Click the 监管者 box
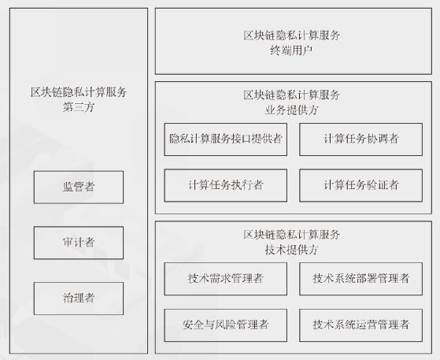click(79, 187)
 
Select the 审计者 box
click(79, 243)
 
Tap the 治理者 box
click(79, 299)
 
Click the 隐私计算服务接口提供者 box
click(226, 139)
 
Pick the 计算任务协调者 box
click(361, 139)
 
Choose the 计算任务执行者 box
click(226, 185)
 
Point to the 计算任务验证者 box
click(361, 185)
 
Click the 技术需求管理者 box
click(226, 279)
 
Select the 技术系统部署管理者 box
click(361, 279)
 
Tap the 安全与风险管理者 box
click(226, 325)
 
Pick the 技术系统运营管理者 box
click(361, 325)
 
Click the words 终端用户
click(291, 50)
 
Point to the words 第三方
click(79, 107)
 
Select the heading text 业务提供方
click(291, 110)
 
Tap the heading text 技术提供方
click(291, 250)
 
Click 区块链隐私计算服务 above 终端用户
click(291, 35)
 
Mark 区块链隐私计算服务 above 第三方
click(79, 92)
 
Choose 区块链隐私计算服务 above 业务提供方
click(291, 95)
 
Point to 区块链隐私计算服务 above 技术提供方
click(291, 235)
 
